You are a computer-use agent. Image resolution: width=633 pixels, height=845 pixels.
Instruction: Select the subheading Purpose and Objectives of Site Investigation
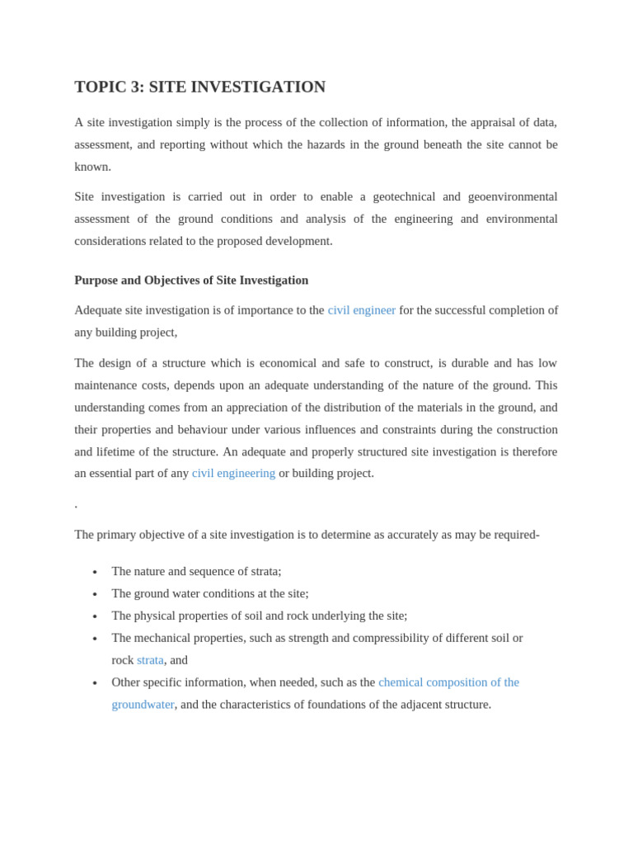pyautogui.click(x=191, y=280)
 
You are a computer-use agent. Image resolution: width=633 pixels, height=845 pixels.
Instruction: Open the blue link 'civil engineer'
pyautogui.click(x=361, y=310)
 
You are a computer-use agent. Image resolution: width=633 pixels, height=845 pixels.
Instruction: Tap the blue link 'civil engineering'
pyautogui.click(x=233, y=473)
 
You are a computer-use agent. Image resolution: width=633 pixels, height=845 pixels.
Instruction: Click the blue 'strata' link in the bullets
pyautogui.click(x=150, y=660)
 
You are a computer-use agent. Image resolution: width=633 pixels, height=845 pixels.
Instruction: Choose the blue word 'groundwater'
pyautogui.click(x=143, y=704)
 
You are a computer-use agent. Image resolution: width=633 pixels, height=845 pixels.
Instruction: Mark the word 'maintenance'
pyautogui.click(x=108, y=385)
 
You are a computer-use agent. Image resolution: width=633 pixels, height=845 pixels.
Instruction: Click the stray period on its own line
pyautogui.click(x=76, y=505)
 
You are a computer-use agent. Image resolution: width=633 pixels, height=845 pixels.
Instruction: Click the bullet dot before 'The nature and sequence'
pyautogui.click(x=95, y=572)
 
